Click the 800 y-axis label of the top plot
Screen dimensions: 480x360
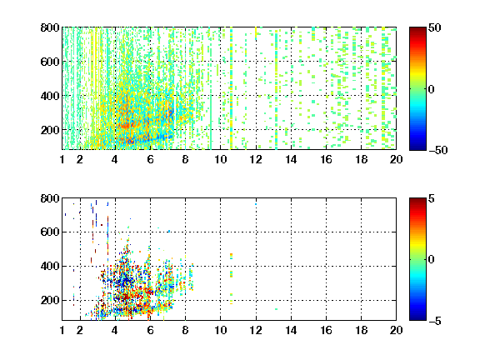click(50, 27)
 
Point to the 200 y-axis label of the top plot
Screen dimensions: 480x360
click(50, 130)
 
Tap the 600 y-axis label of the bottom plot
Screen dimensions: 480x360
click(50, 232)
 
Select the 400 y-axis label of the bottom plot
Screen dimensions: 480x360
click(50, 266)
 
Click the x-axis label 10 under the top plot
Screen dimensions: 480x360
click(220, 159)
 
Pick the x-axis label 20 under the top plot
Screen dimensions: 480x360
click(396, 159)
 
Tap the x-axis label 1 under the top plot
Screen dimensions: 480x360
click(62, 159)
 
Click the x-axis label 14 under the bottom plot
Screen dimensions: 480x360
click(291, 330)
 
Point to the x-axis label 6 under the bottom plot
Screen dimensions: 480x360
click(150, 330)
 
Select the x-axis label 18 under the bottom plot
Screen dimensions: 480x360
click(361, 330)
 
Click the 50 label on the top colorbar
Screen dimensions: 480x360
click(434, 27)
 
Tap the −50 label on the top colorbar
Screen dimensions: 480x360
click(437, 150)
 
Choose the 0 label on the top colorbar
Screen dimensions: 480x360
click(431, 89)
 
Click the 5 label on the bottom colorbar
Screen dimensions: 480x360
click(431, 198)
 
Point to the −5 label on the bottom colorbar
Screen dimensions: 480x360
click(435, 321)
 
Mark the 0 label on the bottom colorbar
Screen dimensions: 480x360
click(431, 260)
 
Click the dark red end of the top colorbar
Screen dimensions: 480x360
click(417, 30)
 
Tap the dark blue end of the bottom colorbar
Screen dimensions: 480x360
click(417, 317)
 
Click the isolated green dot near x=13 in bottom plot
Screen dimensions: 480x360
click(276, 309)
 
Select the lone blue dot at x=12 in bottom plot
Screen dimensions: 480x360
click(256, 204)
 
